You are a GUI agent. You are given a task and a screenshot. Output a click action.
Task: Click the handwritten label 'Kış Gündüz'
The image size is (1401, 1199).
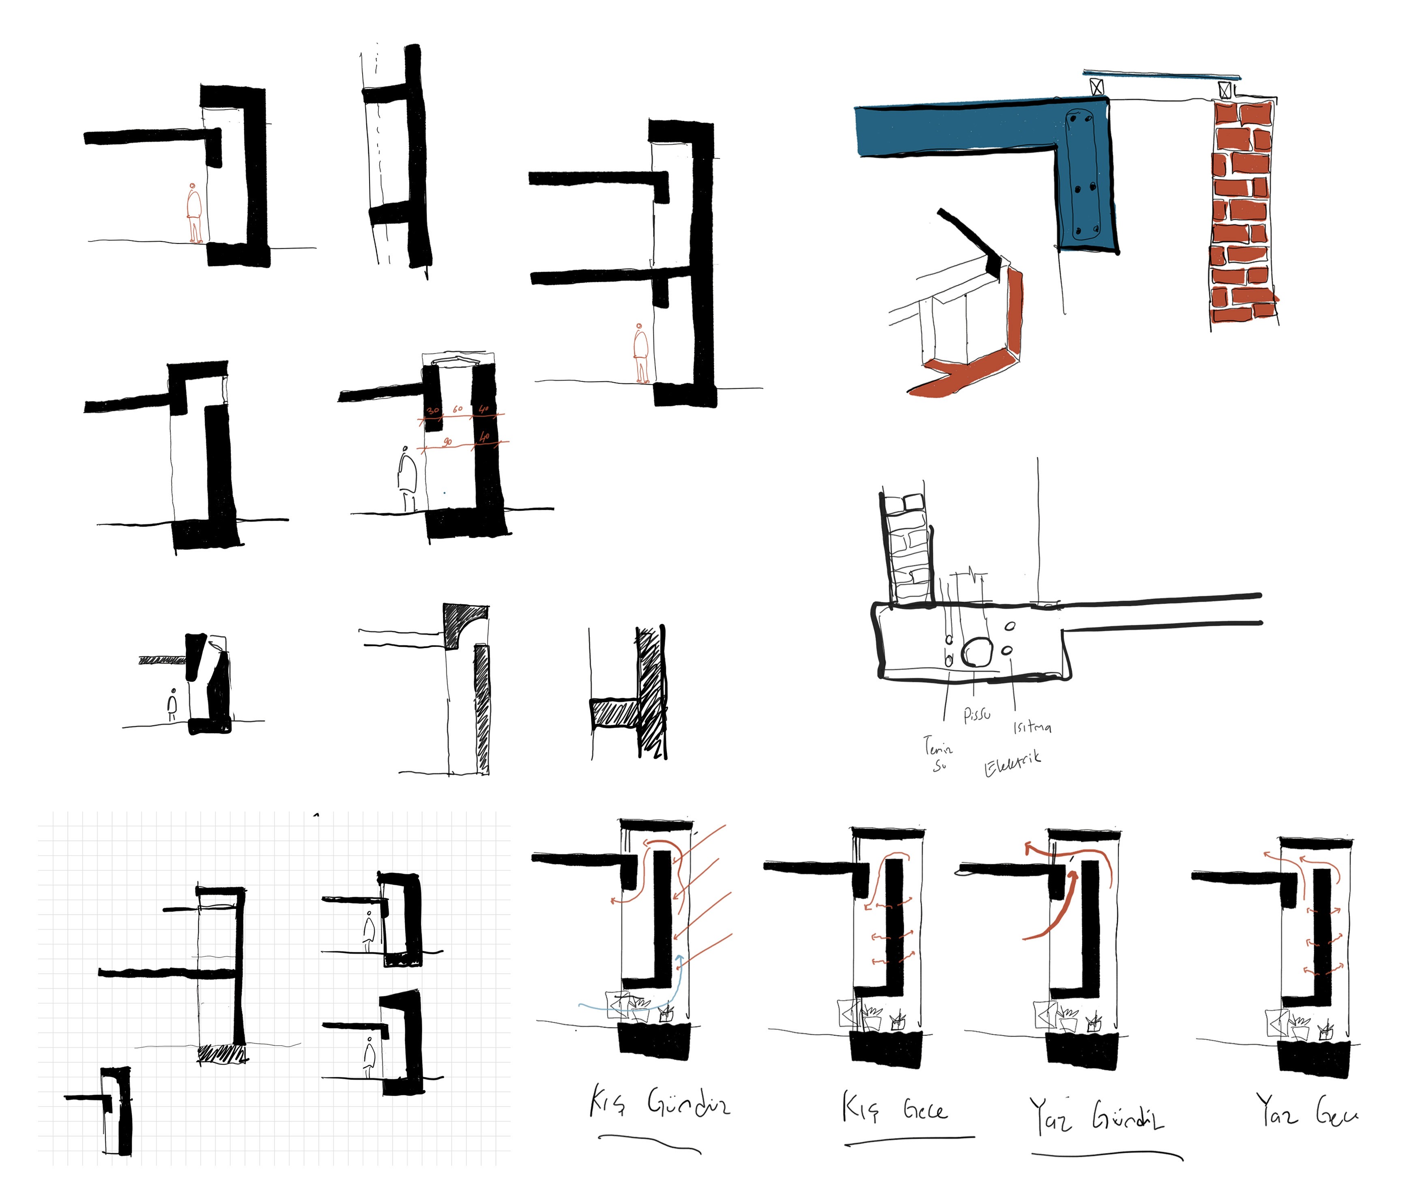click(x=659, y=1104)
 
